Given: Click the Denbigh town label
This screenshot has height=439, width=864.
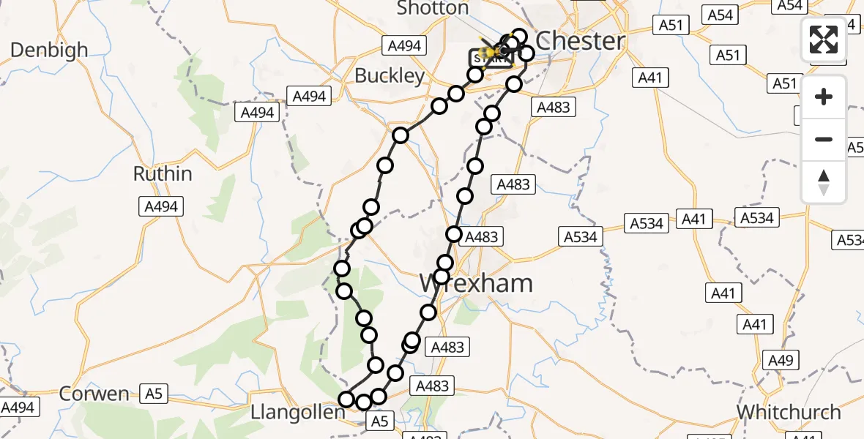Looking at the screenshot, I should (x=50, y=50).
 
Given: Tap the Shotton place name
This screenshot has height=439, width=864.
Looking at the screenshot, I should (x=432, y=9).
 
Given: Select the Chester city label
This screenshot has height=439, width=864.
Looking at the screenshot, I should (x=581, y=41).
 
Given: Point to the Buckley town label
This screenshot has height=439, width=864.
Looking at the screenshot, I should (x=390, y=76).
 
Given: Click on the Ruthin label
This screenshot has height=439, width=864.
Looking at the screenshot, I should (x=163, y=174).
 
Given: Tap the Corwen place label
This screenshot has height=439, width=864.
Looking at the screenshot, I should (x=94, y=394).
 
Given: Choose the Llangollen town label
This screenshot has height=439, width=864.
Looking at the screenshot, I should (x=297, y=413).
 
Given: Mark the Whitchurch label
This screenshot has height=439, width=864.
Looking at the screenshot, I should (x=789, y=413).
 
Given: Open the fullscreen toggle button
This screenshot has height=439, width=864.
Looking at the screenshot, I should (x=824, y=40).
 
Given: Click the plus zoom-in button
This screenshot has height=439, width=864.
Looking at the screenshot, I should (x=824, y=97).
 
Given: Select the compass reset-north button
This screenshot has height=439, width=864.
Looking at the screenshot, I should (x=824, y=181).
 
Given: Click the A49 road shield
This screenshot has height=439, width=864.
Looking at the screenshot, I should (x=778, y=359).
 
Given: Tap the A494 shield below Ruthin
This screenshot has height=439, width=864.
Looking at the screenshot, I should (x=161, y=207).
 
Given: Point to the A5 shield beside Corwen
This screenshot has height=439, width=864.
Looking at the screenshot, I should (x=152, y=394).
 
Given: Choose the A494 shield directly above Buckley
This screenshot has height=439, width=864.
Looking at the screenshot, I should (x=404, y=46).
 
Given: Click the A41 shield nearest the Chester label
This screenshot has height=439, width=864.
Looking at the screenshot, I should (x=651, y=77).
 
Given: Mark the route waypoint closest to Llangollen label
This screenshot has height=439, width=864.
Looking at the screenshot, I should (x=346, y=399).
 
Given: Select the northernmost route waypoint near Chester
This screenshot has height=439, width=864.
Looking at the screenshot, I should (x=519, y=36).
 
